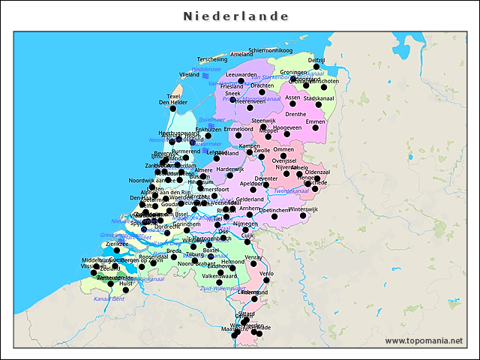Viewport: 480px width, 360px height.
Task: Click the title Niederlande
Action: [236, 16]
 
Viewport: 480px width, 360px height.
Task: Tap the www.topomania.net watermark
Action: [424, 340]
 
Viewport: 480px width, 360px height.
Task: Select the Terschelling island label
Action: [212, 58]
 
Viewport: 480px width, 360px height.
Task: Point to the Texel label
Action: [174, 96]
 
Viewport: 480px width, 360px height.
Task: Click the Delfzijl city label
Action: [316, 59]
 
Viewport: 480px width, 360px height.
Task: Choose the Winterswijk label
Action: [304, 208]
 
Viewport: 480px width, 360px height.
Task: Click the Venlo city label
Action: [267, 274]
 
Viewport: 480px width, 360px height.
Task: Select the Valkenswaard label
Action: [220, 275]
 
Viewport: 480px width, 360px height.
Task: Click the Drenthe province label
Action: [295, 114]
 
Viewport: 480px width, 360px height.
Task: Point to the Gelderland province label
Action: [250, 199]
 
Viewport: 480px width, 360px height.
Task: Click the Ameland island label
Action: [241, 54]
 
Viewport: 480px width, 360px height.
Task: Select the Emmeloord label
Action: [238, 129]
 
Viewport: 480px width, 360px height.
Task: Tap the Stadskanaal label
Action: [319, 97]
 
